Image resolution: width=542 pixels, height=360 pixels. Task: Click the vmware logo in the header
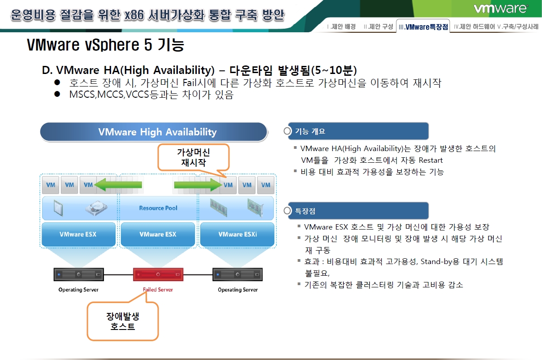[500, 9]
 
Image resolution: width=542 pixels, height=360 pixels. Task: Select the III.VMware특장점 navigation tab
[423, 26]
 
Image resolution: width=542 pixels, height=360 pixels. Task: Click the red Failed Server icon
[158, 274]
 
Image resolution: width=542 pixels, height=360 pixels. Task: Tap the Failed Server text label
[158, 290]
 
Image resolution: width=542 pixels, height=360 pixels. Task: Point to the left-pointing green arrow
[118, 185]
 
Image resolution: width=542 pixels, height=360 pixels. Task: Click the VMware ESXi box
[237, 234]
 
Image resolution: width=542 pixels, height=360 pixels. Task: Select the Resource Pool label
[158, 208]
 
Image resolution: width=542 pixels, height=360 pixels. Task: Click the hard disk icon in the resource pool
[96, 208]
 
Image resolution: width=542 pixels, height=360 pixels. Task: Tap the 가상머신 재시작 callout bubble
[194, 157]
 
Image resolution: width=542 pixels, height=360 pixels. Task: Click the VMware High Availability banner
[154, 132]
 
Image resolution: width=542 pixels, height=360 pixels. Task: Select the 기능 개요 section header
[358, 131]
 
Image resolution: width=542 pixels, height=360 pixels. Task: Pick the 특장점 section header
[358, 211]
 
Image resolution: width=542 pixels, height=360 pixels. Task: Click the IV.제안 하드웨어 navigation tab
[474, 26]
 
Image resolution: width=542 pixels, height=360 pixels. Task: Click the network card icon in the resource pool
[255, 208]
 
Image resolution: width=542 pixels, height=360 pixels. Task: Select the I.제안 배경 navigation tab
[341, 26]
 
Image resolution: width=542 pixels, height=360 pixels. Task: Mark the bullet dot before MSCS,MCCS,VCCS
[57, 94]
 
